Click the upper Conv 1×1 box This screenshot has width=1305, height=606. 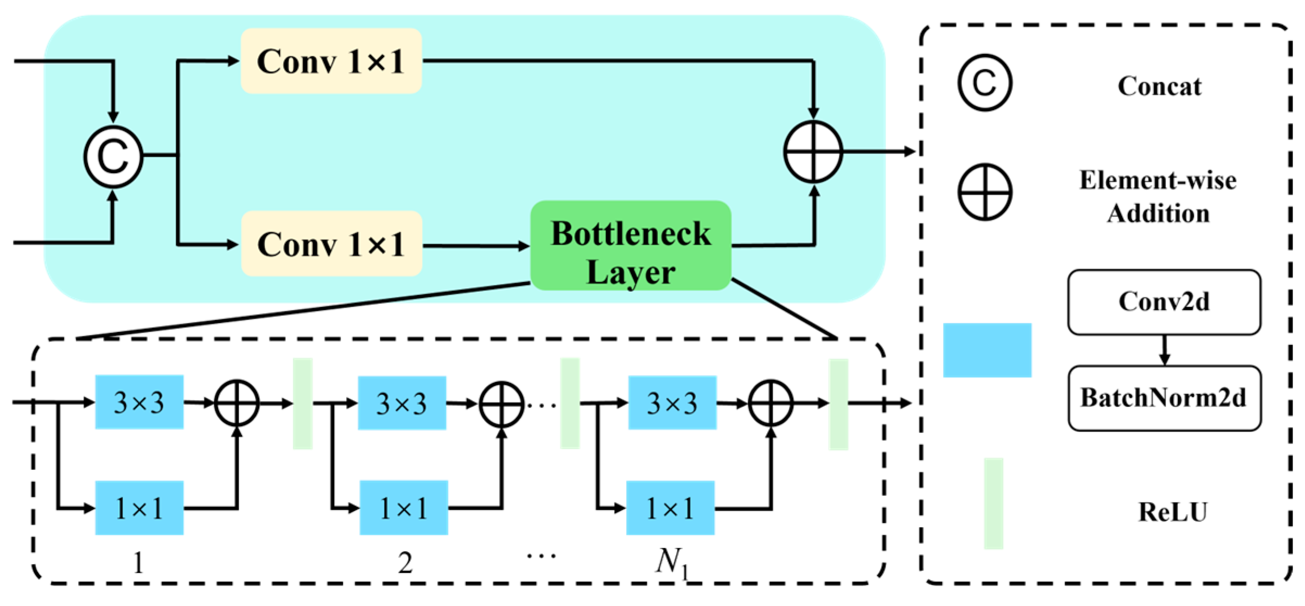point(331,61)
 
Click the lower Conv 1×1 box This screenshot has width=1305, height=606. point(331,244)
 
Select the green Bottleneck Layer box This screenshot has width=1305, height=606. point(631,246)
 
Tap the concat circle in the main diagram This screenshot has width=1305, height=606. point(113,157)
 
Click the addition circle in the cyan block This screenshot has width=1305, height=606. point(813,152)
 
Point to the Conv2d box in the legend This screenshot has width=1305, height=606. point(1164,302)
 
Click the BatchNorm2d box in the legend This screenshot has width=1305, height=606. point(1164,398)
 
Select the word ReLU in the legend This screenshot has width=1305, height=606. point(1172,512)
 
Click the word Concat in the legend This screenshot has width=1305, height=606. point(1160,86)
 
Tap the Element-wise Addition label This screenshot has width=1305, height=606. point(1158,196)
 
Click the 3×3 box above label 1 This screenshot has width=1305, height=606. point(139,402)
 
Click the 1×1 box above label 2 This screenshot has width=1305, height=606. point(403,508)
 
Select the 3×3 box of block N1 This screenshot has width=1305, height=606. point(672,403)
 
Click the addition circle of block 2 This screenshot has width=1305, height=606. point(501,403)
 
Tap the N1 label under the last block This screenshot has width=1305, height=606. point(672,562)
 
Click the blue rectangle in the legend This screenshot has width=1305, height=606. point(986,350)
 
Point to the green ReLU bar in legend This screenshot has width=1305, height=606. point(993,503)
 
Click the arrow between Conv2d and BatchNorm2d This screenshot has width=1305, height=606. point(1164,350)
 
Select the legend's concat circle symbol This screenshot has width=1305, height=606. point(984,83)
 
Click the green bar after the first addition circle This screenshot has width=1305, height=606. point(302,403)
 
